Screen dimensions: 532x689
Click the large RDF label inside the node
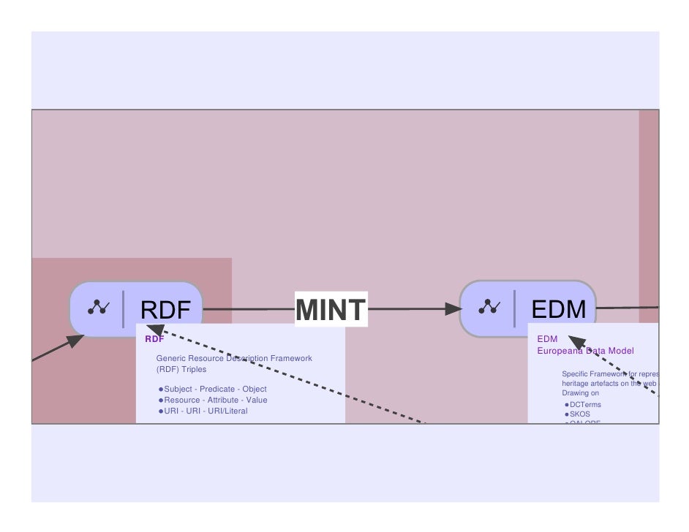pyautogui.click(x=165, y=310)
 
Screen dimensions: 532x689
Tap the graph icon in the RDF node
pyautogui.click(x=98, y=308)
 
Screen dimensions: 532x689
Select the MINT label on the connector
pyautogui.click(x=331, y=310)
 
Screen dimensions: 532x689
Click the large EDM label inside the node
pyautogui.click(x=559, y=310)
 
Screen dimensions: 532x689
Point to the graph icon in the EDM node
pyautogui.click(x=489, y=308)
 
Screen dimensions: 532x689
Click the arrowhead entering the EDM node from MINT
pyautogui.click(x=453, y=309)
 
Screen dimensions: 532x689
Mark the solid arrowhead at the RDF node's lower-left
pyautogui.click(x=75, y=341)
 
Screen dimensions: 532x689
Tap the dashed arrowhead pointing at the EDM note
pyautogui.click(x=577, y=341)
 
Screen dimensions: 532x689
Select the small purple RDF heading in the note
pyautogui.click(x=154, y=339)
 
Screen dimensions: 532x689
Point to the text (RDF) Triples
pyautogui.click(x=181, y=370)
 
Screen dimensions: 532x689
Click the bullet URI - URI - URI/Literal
pyautogui.click(x=206, y=411)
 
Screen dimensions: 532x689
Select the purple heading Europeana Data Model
pyautogui.click(x=585, y=351)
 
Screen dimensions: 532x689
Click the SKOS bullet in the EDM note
pyautogui.click(x=579, y=414)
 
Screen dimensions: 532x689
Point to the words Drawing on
pyautogui.click(x=580, y=393)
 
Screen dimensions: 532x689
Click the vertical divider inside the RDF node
pyautogui.click(x=123, y=308)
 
